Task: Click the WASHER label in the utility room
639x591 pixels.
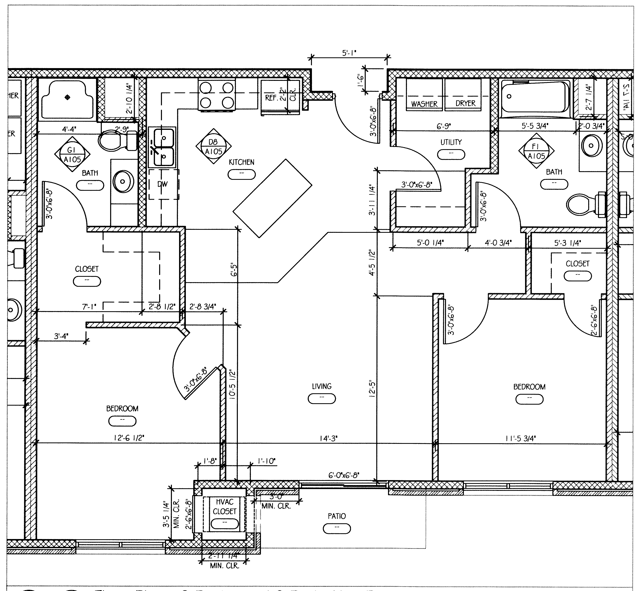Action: point(424,104)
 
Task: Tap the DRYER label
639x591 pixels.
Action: point(465,103)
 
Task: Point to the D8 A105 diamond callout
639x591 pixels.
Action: point(213,147)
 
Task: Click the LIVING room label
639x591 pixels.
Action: point(321,386)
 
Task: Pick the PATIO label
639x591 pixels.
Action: point(337,516)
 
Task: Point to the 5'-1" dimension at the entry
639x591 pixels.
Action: point(349,53)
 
